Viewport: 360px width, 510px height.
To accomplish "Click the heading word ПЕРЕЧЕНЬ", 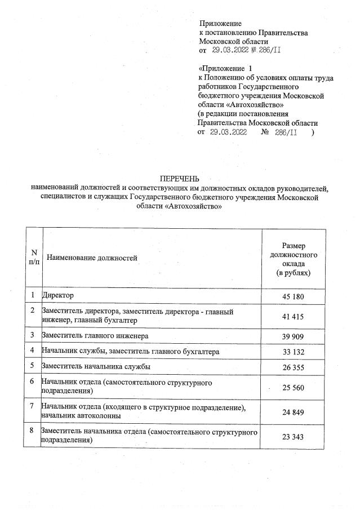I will pyautogui.click(x=176, y=179).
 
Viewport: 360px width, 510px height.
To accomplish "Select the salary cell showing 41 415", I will pyautogui.click(x=293, y=317).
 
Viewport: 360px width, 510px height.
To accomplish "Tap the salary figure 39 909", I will pyautogui.click(x=293, y=336).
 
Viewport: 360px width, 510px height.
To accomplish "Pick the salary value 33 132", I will pyautogui.click(x=293, y=352).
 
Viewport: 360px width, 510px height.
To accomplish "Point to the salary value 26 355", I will pyautogui.click(x=293, y=367).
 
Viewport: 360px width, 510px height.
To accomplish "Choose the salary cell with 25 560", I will pyautogui.click(x=293, y=388).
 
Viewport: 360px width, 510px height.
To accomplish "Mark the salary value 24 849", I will pyautogui.click(x=293, y=412).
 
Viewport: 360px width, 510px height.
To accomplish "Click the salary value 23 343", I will pyautogui.click(x=293, y=437).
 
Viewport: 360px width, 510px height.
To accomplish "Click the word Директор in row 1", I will pyautogui.click(x=58, y=295).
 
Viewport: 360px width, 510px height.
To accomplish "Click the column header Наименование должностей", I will pyautogui.click(x=92, y=258).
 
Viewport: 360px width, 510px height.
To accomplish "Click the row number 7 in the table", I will pyautogui.click(x=33, y=406).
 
